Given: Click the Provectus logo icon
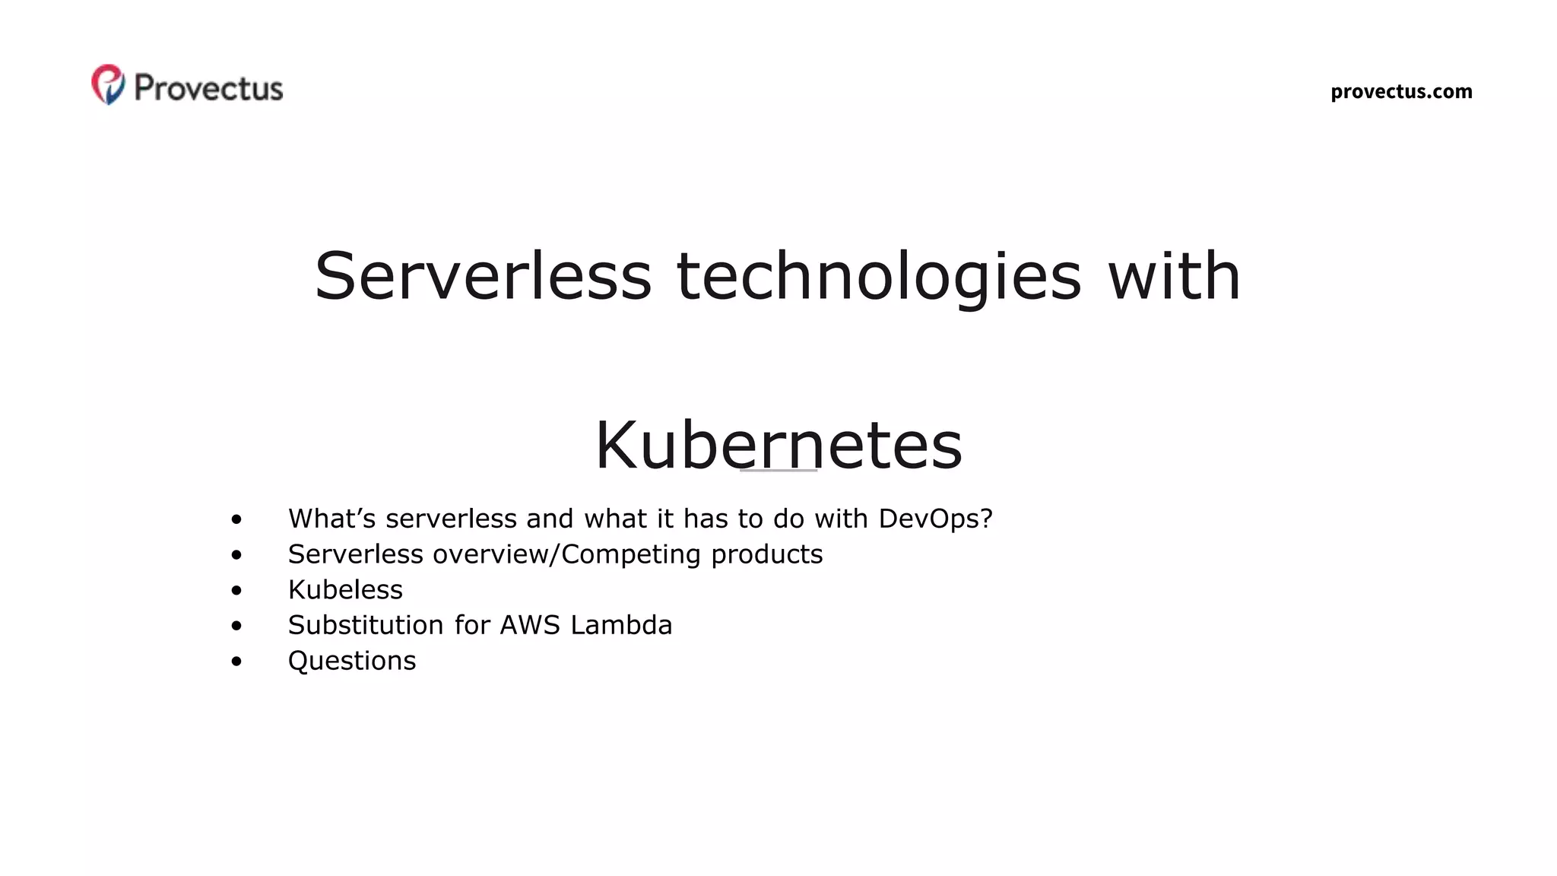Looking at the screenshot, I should [x=108, y=84].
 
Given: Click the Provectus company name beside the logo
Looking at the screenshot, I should [x=208, y=88].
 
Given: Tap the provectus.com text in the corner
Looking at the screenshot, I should [x=1401, y=92].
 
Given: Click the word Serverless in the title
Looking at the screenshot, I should [x=483, y=276].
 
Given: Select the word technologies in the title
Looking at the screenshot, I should [x=878, y=276].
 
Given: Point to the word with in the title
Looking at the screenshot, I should [x=1174, y=276].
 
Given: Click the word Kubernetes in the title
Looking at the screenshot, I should [x=778, y=446].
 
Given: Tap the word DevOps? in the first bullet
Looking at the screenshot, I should [x=935, y=519].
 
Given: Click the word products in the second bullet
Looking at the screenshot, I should [x=766, y=554].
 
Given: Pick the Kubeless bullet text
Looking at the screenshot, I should [x=345, y=590].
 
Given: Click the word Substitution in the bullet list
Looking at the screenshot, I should [x=366, y=625].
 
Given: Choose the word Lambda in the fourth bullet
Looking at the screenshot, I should [x=621, y=625].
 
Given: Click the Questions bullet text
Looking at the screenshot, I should [x=352, y=661].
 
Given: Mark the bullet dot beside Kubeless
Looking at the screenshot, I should [x=236, y=591].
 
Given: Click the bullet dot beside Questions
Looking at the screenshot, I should [x=236, y=662].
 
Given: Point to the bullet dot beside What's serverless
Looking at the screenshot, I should [x=236, y=520].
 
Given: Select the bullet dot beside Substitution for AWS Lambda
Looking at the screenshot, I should [x=236, y=626].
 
